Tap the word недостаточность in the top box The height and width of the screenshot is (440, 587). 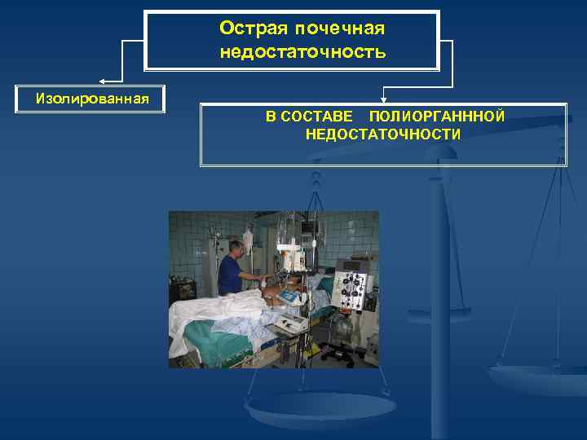point(302,52)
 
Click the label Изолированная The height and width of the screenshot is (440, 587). point(92,99)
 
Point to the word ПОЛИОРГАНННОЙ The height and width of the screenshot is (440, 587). point(436,117)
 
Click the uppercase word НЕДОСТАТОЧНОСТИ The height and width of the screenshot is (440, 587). point(382,134)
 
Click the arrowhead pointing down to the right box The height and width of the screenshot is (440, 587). point(382,97)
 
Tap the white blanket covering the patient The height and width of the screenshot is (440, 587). point(220,314)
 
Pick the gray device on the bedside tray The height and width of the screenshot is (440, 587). point(291,320)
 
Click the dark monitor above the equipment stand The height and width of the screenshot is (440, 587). point(310,226)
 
